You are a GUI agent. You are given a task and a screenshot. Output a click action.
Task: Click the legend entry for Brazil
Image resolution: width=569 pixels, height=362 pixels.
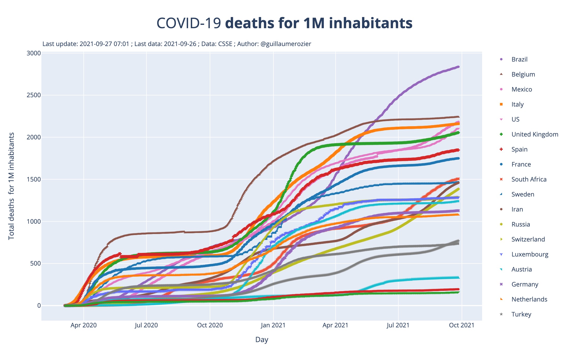[x=519, y=59]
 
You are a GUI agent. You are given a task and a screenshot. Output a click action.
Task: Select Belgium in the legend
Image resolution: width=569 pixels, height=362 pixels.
[x=523, y=74]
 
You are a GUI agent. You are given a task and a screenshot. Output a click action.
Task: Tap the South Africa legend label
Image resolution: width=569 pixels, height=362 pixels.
[x=529, y=179]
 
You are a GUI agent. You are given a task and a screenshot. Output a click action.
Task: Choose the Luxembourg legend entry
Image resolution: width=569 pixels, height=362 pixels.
[x=530, y=254]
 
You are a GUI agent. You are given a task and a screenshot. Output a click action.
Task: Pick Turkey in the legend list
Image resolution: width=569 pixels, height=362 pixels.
[x=521, y=314]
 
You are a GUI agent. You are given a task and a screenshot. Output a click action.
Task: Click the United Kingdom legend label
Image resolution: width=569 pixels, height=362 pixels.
[x=535, y=134]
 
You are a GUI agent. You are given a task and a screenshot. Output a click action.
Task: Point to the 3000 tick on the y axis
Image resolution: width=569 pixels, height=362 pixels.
[x=34, y=53]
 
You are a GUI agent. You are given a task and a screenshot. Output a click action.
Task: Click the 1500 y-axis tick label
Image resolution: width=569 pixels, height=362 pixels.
[x=34, y=179]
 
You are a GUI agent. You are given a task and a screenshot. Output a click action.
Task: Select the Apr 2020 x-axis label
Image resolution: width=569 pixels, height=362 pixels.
[x=84, y=325]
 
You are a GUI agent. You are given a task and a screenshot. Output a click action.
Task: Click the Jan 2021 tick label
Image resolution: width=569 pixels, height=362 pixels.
[x=273, y=325]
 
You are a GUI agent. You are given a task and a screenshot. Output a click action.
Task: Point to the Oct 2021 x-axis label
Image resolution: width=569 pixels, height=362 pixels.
[x=462, y=325]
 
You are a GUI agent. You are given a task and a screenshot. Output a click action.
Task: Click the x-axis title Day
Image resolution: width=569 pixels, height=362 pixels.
[x=261, y=340]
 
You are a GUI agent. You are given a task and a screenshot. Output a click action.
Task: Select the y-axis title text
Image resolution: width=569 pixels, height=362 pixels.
[x=11, y=186]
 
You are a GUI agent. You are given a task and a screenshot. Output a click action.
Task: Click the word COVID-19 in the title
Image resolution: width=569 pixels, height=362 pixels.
[x=189, y=23]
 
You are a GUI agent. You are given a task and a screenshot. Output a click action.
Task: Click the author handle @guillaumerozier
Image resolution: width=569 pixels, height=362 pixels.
[x=286, y=44]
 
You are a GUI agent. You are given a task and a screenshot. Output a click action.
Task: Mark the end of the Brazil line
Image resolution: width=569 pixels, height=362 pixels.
[x=458, y=67]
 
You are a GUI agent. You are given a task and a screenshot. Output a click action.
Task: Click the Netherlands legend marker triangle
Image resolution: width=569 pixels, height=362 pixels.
[x=501, y=299]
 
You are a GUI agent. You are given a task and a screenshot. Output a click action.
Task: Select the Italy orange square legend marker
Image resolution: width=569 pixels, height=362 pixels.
[x=501, y=104]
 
